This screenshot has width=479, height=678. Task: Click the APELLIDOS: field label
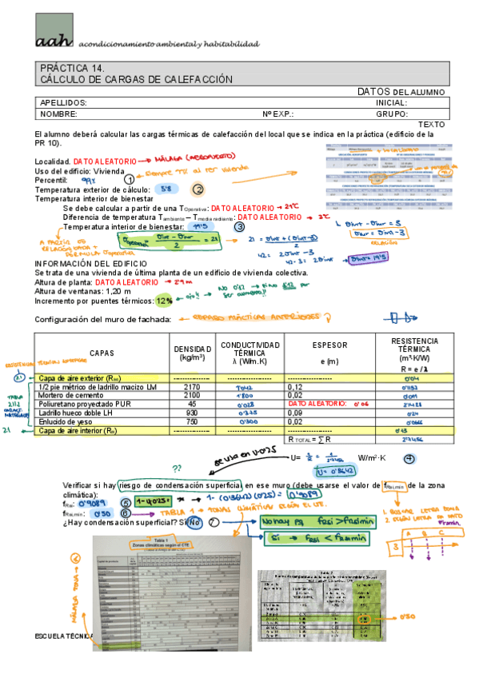pos(63,103)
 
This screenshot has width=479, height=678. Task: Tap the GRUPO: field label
pos(392,114)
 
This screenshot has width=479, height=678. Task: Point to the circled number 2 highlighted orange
pos(198,189)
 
